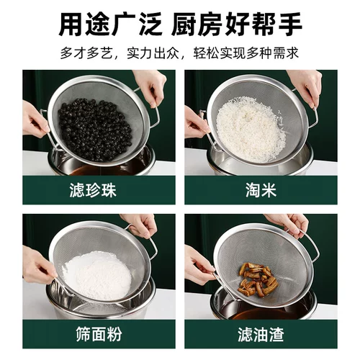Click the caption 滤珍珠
[x=93, y=190]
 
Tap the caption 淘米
[x=261, y=190]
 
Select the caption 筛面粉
[x=99, y=334]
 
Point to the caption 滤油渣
[x=261, y=334]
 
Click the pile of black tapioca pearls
[x=95, y=130]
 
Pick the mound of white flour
[x=97, y=276]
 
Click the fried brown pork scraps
[x=258, y=279]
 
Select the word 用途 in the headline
[x=84, y=24]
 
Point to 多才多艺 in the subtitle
[x=86, y=53]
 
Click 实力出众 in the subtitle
[x=153, y=53]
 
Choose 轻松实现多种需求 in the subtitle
[x=246, y=53]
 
